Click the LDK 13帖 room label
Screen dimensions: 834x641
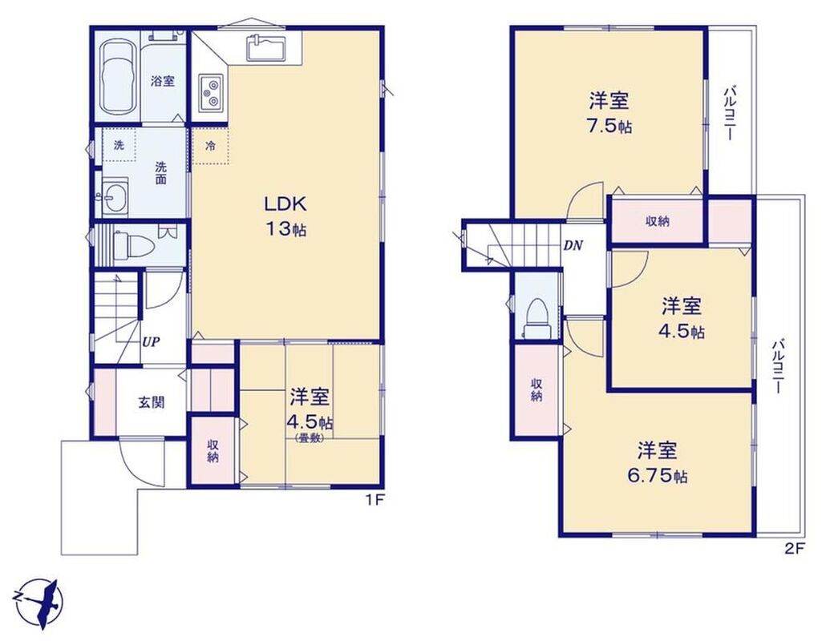(x=285, y=216)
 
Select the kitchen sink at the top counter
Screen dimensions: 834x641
(x=267, y=47)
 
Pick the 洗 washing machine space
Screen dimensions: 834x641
(x=119, y=144)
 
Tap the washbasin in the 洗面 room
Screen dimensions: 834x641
(x=115, y=199)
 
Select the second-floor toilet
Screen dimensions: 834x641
(x=536, y=318)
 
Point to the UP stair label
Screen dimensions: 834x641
(x=151, y=342)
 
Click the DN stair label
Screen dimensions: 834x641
(x=573, y=245)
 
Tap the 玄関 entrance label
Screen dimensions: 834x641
(x=152, y=402)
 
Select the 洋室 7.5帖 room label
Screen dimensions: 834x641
(x=609, y=113)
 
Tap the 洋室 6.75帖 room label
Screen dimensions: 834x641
(x=658, y=462)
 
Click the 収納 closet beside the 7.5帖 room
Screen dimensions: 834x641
(x=658, y=221)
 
